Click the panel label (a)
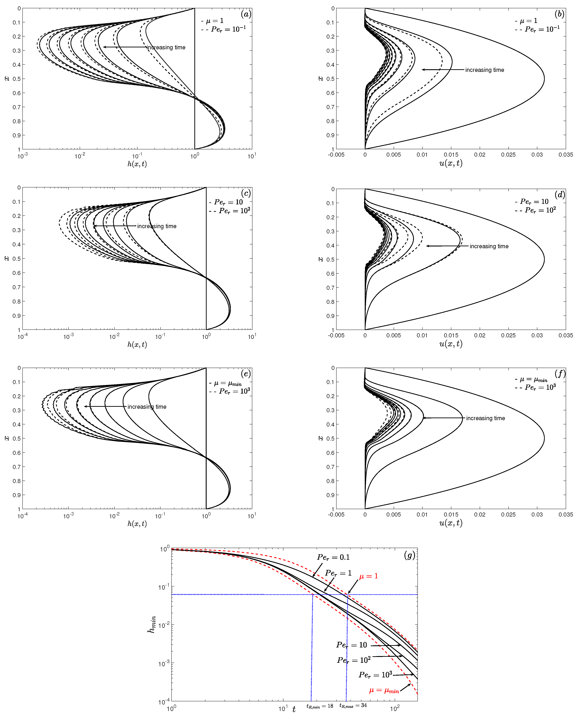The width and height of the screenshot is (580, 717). [246, 14]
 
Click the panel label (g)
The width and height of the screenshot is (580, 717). [409, 555]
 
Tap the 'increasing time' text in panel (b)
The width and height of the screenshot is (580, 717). [484, 70]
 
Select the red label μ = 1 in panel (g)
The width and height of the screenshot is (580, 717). [368, 576]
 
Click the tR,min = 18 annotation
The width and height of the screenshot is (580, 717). [320, 706]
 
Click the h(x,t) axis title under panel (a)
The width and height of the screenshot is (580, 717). [137, 164]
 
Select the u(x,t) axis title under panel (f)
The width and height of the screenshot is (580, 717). [451, 523]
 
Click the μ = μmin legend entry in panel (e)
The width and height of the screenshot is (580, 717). [228, 383]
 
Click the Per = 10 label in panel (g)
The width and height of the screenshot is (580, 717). [352, 645]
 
